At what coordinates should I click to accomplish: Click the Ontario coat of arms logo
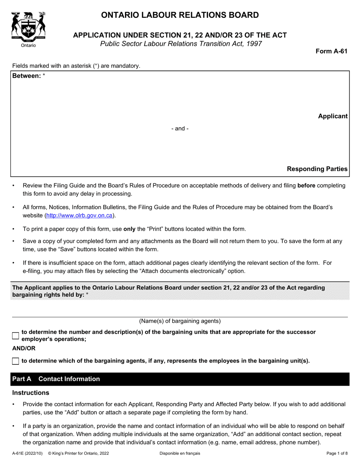pos(28,27)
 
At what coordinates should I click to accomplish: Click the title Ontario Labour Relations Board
pos(180,15)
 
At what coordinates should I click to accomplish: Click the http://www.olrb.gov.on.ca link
pos(79,215)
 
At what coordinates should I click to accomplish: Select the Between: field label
pos(27,76)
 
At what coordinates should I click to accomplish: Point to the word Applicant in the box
pos(332,116)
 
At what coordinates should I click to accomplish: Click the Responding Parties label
pos(317,169)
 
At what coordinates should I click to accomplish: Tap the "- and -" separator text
pos(180,129)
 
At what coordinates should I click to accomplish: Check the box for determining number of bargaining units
pos(16,336)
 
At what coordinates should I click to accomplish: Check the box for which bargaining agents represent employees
pos(16,361)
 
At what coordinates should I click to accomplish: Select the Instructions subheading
pos(31,393)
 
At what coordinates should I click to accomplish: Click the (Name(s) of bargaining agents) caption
pos(180,321)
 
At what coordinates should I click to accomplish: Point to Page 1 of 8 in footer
pos(337,453)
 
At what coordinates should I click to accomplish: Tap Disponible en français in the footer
pos(180,453)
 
